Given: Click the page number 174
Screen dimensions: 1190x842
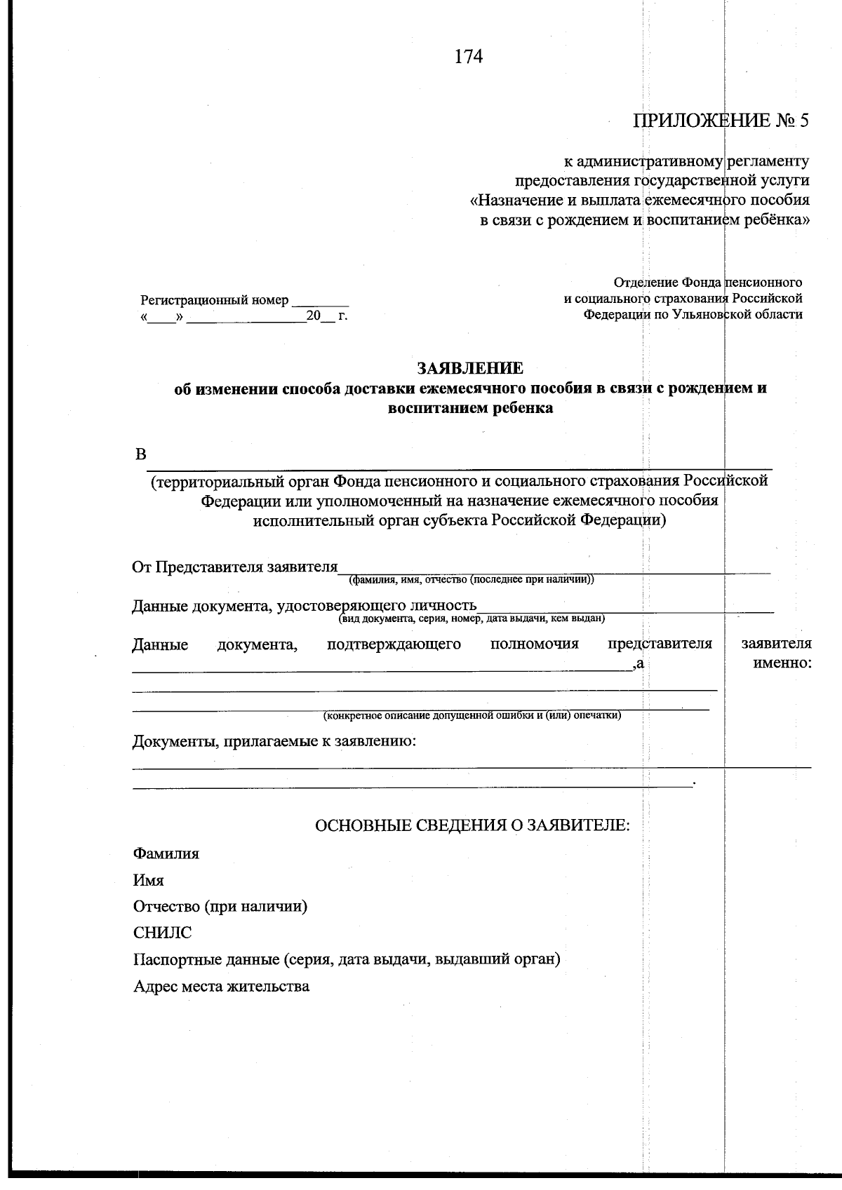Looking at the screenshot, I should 469,57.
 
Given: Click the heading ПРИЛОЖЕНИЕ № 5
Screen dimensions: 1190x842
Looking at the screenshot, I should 721,121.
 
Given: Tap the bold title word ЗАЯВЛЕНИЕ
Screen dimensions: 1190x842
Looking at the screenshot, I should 470,368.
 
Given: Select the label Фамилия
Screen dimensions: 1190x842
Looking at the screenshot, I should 166,853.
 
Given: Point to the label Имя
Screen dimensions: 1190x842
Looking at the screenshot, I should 149,880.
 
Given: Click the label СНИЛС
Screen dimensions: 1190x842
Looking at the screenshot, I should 162,933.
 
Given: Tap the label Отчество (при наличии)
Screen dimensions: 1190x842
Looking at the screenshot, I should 220,906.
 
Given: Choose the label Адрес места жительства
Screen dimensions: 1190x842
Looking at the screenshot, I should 221,986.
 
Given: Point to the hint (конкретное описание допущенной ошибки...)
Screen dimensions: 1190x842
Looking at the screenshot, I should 472,716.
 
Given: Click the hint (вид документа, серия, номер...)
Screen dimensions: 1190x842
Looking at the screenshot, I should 472,618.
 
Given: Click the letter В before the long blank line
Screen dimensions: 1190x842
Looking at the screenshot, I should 140,454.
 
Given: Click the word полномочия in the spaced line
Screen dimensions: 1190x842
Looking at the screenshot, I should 534,644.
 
